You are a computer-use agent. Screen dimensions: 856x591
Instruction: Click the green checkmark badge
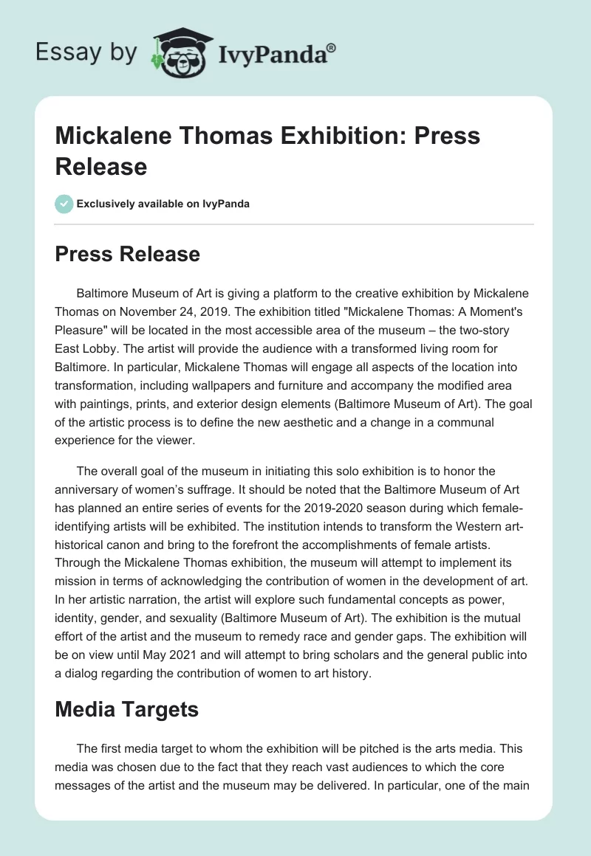pos(64,204)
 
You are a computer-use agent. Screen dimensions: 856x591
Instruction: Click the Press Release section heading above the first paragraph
pos(128,254)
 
